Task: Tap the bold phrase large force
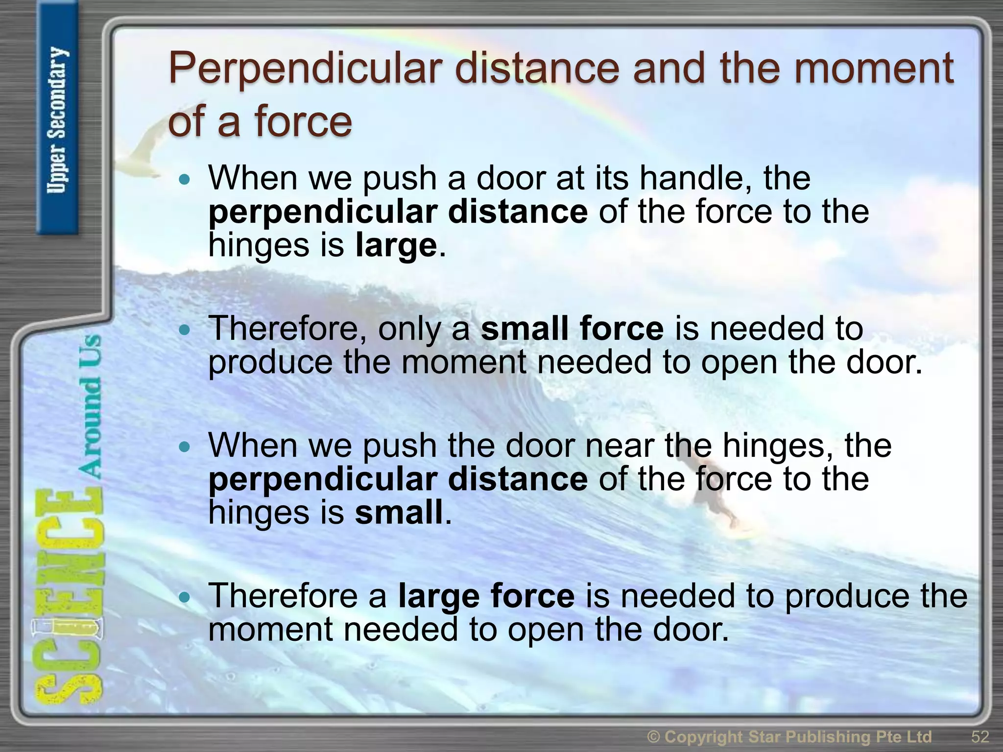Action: tap(486, 596)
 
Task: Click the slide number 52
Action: tap(979, 736)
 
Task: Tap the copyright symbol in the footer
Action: tap(654, 736)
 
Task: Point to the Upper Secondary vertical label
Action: tap(57, 120)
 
